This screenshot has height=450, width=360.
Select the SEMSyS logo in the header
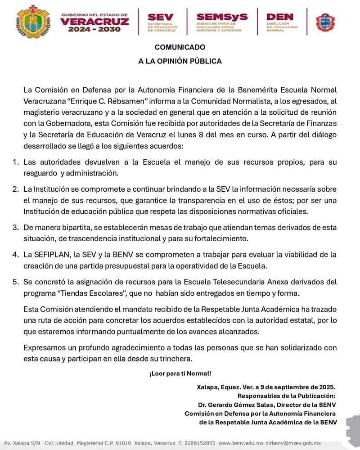click(222, 21)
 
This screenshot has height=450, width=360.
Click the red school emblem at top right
click(325, 21)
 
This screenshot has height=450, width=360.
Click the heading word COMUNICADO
click(180, 47)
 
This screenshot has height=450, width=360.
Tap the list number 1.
click(15, 162)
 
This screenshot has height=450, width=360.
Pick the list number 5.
click(15, 283)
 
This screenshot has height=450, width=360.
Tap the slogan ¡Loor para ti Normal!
click(180, 373)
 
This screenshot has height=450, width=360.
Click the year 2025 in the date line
click(325, 387)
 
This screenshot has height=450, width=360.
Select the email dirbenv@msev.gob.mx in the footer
click(295, 443)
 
